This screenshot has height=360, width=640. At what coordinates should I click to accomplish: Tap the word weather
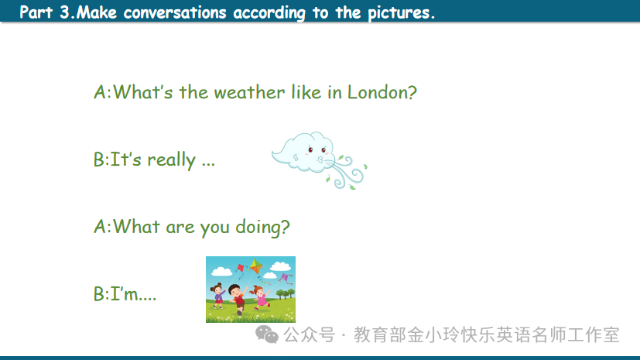click(x=249, y=93)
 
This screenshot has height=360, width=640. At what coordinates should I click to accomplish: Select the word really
click(x=172, y=160)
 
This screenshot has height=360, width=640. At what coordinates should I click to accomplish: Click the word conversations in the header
click(x=175, y=13)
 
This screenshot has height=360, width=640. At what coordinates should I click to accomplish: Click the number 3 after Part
click(x=64, y=12)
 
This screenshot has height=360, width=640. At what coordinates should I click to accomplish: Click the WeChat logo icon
click(x=267, y=334)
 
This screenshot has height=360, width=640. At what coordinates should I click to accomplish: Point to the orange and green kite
click(x=256, y=266)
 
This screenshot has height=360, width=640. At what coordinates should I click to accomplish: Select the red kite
click(x=241, y=268)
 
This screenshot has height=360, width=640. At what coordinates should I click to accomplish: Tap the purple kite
click(x=285, y=279)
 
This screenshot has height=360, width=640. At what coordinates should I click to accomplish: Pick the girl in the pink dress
click(x=259, y=297)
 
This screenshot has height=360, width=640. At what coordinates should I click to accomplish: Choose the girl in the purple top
click(x=219, y=295)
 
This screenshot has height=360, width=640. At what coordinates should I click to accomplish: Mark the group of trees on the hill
click(x=286, y=293)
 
